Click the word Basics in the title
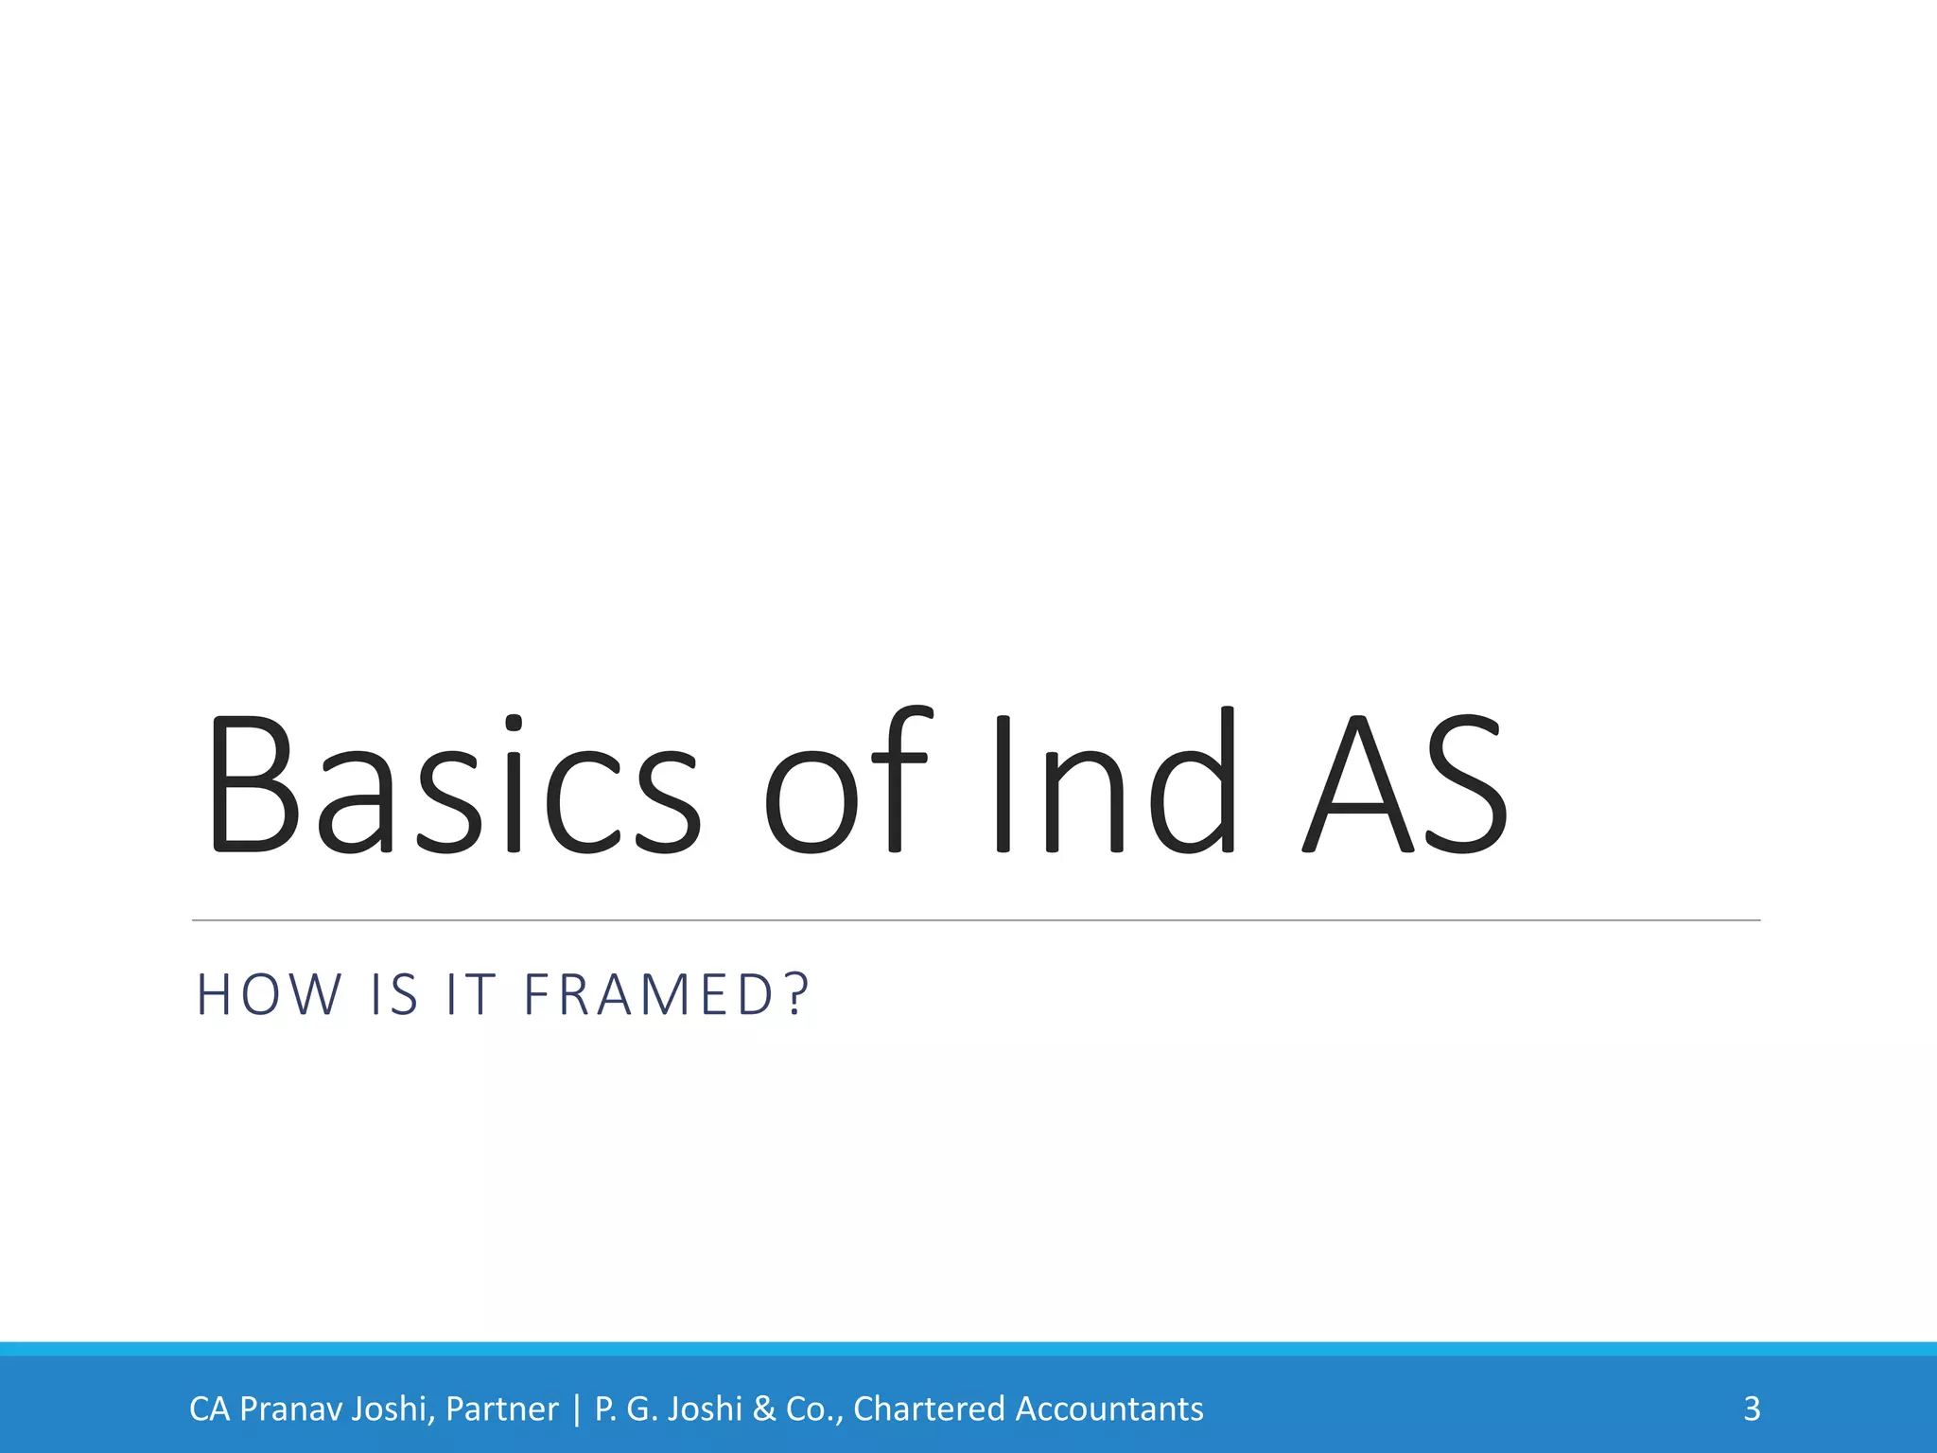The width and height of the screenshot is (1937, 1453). pos(454,785)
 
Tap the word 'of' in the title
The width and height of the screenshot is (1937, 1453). pos(846,785)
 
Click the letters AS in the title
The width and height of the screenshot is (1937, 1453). pos(1404,785)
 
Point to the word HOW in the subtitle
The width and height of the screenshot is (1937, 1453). pos(269,995)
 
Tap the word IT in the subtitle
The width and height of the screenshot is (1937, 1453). pos(471,995)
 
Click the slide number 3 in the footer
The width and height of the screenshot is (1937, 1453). pos(1752,1409)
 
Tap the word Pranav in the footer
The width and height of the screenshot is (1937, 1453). pos(289,1409)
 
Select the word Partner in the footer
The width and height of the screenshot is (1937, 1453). pos(502,1409)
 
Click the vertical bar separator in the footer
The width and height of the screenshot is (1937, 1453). pos(577,1409)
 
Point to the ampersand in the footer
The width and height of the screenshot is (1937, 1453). pos(764,1409)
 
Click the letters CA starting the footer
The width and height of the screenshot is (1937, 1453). pos(209,1409)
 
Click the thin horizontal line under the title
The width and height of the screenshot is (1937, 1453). pos(974,919)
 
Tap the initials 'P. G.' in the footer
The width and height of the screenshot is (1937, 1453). pos(626,1409)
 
